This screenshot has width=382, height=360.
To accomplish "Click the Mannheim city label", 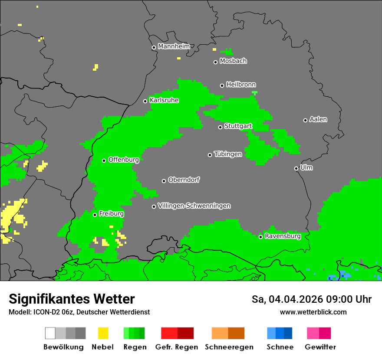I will point(174,46).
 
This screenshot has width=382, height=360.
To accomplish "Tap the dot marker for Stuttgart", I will point(220,127).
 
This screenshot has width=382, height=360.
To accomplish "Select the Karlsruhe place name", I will point(164,100).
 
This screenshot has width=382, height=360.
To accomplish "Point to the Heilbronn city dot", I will point(222,85).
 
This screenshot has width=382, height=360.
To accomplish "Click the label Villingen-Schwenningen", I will point(194,206).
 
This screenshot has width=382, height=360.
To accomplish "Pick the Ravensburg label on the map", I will point(283,236).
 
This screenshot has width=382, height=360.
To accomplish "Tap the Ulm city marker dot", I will point(296,168).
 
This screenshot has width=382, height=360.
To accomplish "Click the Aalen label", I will point(318,119).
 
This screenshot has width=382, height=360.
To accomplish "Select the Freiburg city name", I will point(111,214).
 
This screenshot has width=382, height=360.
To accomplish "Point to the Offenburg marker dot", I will point(104,160).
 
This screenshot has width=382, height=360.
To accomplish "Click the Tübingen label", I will point(228,154).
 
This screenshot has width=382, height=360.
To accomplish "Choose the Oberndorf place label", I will point(184,180).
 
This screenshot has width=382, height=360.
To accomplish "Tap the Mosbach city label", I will point(233,61).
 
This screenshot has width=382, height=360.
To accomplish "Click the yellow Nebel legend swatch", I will point(103,333).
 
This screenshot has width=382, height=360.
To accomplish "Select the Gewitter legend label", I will point(320,347).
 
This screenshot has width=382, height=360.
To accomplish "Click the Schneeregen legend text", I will point(229,347).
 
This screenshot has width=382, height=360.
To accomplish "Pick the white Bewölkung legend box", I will point(50,333).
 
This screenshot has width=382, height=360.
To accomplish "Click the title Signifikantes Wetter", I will point(72,299).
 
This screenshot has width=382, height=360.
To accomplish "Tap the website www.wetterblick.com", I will point(313,312).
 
